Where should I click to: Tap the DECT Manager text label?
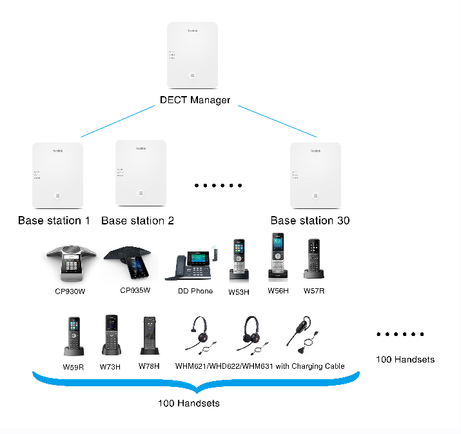point(195,101)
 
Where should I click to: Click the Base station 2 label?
point(137,221)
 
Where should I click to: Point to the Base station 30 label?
point(309,221)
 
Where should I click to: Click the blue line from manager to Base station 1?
point(119,123)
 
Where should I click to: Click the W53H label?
point(239,291)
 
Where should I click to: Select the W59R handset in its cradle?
point(73,336)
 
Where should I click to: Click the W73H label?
point(110,366)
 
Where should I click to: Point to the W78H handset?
point(149,336)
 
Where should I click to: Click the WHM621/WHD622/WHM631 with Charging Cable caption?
point(260,366)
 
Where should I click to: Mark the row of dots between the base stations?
point(218,186)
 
